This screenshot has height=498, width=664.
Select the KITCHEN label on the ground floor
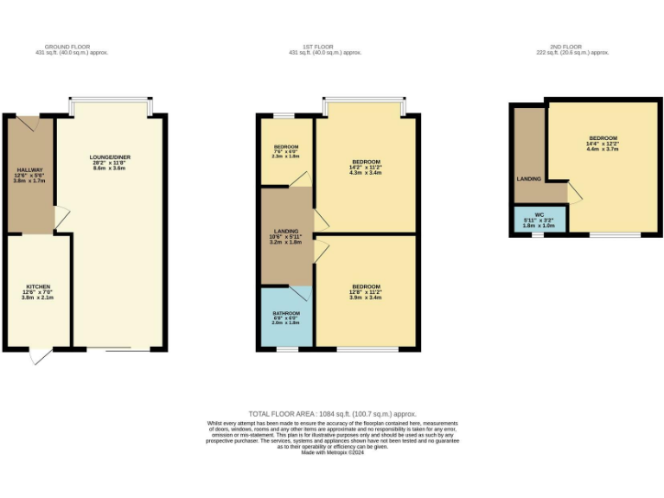pos(38,291)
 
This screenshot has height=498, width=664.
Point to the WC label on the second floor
pos(539,219)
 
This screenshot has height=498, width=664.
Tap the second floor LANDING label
pos(529,179)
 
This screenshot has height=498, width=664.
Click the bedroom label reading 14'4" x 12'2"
pos(603,144)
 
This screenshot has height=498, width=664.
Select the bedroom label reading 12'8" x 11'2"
pos(366,291)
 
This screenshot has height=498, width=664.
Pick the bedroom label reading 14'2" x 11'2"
pos(366,167)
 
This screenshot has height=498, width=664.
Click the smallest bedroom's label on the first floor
pos(286,151)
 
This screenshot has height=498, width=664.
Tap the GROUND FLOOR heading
pos(67,49)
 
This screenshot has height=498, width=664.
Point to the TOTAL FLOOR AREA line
pos(333,414)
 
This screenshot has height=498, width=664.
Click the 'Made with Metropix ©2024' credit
pos(333,452)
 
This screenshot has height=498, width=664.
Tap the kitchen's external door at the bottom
pos(38,355)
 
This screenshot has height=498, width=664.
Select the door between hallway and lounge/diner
pos(61,215)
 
